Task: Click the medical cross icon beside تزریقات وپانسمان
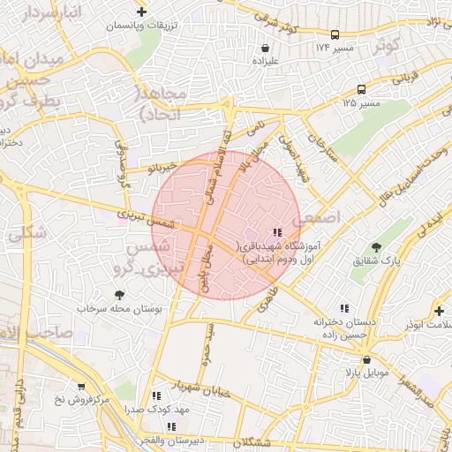[x=142, y=11]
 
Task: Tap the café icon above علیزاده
[x=266, y=48]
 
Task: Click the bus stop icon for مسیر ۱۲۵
[x=361, y=89]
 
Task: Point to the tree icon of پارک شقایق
[x=377, y=247]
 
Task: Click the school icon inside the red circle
[x=279, y=233]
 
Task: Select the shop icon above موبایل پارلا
[x=366, y=359]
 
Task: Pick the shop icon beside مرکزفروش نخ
[x=81, y=387]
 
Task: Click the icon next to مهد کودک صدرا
[x=156, y=396]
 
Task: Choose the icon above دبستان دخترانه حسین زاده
[x=344, y=308]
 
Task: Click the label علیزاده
[x=266, y=62]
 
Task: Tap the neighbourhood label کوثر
[x=387, y=44]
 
